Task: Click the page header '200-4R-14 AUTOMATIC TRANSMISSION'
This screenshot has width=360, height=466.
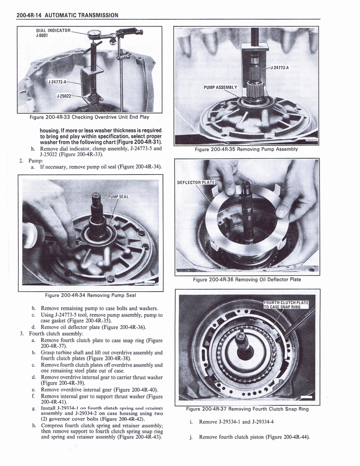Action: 67,15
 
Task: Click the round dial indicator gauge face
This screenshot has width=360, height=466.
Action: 95,33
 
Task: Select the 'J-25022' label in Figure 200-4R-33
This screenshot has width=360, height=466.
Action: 64,96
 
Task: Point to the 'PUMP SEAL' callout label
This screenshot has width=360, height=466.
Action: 119,197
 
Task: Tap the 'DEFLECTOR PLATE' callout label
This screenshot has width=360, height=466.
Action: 195,182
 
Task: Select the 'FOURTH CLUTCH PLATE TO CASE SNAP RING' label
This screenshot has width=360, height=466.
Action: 286,304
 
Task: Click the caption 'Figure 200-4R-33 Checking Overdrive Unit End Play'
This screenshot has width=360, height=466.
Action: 89,117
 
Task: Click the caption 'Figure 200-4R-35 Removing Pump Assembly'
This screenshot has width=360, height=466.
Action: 246,149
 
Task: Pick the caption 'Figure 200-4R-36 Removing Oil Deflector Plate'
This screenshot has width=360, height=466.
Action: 247,279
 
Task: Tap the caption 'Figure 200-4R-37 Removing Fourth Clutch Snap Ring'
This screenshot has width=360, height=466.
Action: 247,409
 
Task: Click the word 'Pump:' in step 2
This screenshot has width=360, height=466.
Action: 35,160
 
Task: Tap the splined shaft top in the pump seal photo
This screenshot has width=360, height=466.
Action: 96,197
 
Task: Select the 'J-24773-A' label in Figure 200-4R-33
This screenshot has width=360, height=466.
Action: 57,82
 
